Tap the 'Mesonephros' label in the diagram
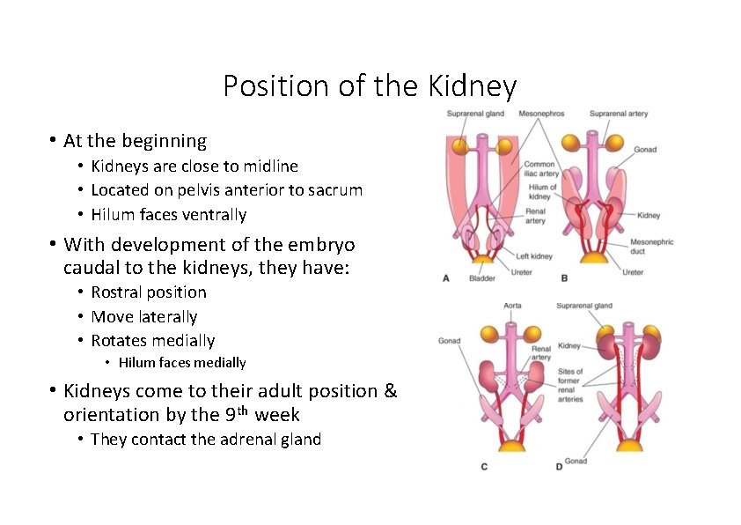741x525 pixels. pos(541,114)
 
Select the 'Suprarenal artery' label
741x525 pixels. pos(618,114)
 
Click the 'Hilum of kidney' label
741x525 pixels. pos(542,192)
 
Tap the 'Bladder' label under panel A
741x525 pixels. pos(481,278)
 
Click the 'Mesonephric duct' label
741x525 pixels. pos(651,247)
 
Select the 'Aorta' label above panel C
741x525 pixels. pos(512,306)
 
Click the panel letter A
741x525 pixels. pos(446,278)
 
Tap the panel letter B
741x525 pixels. pos(564,278)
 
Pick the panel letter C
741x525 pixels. pos(484,466)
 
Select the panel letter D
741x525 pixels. pos(559,466)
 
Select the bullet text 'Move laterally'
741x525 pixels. pos(143,316)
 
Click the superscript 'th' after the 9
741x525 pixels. pos(243,410)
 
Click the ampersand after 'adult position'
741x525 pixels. pos(391,390)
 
